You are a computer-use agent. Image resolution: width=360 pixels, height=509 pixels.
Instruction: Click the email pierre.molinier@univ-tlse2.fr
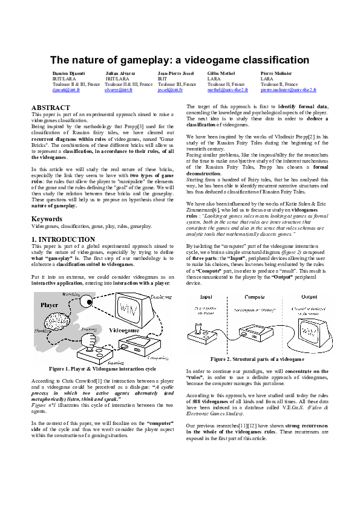pyautogui.click(x=288, y=89)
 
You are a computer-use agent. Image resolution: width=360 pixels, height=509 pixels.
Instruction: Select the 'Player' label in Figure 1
pyautogui.click(x=50, y=305)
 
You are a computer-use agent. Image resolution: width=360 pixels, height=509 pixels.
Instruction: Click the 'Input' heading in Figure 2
pyautogui.click(x=206, y=297)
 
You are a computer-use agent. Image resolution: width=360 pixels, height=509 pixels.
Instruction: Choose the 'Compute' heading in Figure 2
pyautogui.click(x=254, y=297)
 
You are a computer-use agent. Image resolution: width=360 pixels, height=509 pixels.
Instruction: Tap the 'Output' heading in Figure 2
pyautogui.click(x=309, y=297)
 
